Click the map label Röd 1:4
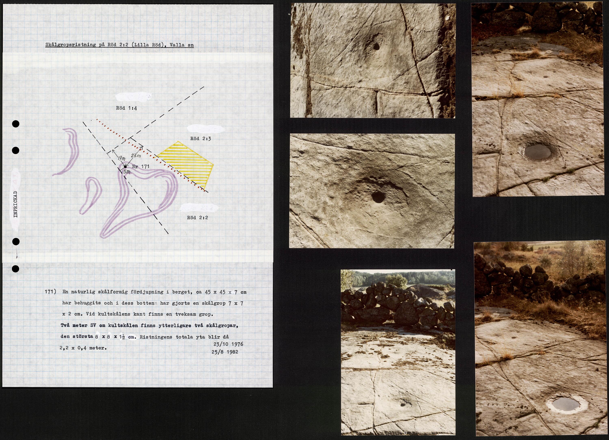pos(126,108)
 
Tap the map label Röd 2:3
pos(201,139)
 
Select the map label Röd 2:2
pos(197,218)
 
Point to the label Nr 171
pos(140,166)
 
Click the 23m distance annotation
pos(136,156)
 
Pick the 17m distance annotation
pos(121,159)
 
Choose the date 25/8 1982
pos(225,352)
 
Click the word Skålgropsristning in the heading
pos(71,45)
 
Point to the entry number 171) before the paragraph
pos(51,292)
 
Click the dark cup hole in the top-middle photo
pos(376,46)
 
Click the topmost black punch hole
pos(16,124)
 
